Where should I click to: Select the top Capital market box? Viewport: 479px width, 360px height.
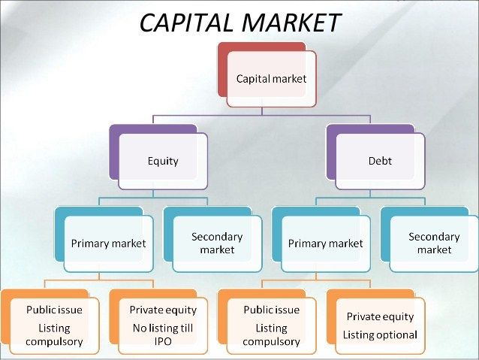272,78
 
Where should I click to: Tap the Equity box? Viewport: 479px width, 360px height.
163,161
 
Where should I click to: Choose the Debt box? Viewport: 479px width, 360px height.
380,161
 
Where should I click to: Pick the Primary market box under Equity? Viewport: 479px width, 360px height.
108,243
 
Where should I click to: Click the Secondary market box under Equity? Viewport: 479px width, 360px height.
217,243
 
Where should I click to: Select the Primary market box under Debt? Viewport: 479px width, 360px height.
326,243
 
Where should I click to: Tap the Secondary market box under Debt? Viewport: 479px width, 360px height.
434,243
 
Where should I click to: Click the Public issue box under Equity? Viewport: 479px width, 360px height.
54,325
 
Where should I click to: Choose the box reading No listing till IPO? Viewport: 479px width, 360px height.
163,325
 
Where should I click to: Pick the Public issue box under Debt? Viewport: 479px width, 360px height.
271,325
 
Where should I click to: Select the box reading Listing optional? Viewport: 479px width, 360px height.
380,325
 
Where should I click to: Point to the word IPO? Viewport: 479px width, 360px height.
163,342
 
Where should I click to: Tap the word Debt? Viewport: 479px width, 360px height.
380,161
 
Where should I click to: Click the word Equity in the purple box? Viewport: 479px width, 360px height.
163,161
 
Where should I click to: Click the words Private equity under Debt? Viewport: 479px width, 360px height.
380,317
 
